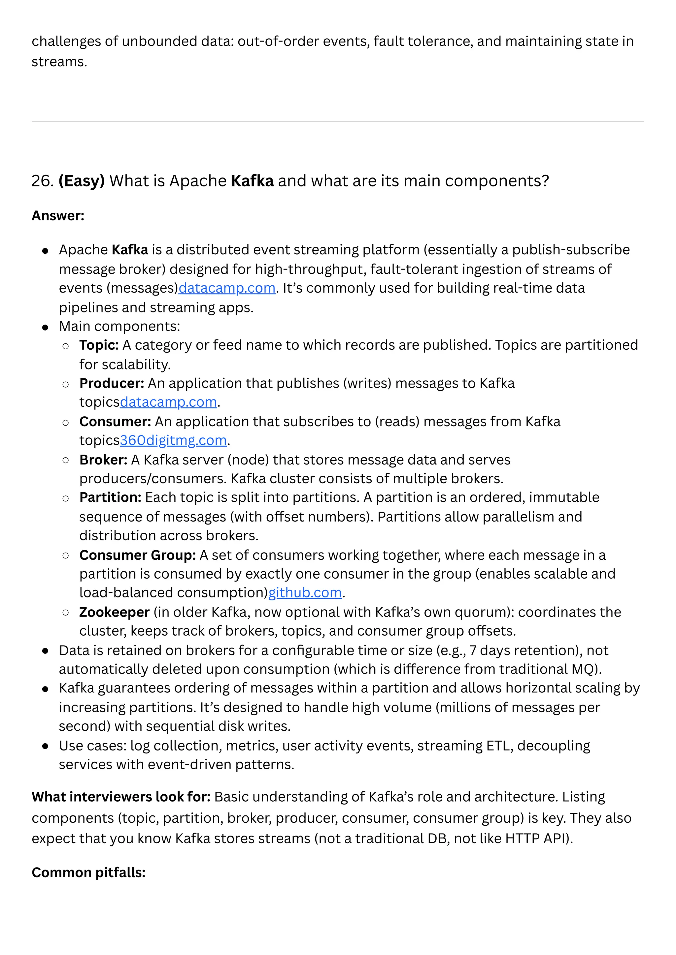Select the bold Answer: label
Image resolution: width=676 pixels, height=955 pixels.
[x=58, y=216]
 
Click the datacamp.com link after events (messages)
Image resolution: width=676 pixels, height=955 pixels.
[x=227, y=288]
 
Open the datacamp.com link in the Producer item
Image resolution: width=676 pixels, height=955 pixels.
[x=168, y=402]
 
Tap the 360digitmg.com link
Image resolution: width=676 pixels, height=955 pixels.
[x=173, y=440]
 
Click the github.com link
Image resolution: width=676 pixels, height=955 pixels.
[x=305, y=593]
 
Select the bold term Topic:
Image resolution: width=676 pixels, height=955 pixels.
[x=99, y=345]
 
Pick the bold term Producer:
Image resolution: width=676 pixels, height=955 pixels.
[x=112, y=384]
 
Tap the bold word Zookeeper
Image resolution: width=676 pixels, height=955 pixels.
[x=114, y=612]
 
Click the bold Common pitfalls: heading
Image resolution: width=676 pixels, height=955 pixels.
[x=88, y=873]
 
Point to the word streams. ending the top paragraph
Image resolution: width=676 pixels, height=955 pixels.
[x=59, y=62]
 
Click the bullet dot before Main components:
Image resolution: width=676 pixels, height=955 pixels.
[x=45, y=327]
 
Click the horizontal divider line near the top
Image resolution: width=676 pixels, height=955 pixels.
[x=338, y=121]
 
